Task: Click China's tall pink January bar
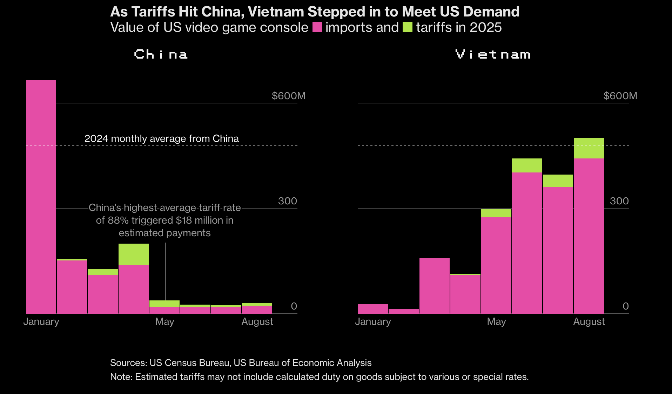(41, 196)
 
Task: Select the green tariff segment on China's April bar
(134, 254)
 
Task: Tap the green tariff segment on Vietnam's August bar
(589, 148)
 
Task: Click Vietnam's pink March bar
(434, 285)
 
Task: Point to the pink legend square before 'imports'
(317, 27)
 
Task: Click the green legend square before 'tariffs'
(408, 27)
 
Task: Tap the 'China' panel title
(161, 54)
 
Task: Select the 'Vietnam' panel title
(493, 54)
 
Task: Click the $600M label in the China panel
(288, 96)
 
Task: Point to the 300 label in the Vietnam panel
(619, 201)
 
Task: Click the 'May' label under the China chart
(164, 321)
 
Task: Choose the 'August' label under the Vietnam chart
(589, 321)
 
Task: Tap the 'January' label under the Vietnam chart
(373, 321)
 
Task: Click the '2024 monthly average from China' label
(161, 138)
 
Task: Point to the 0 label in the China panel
(294, 306)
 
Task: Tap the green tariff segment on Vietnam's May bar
(496, 213)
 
